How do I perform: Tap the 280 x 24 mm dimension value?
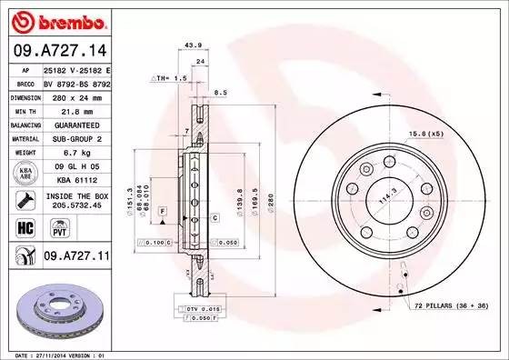point(75,96)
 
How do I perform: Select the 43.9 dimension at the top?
point(192,45)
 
